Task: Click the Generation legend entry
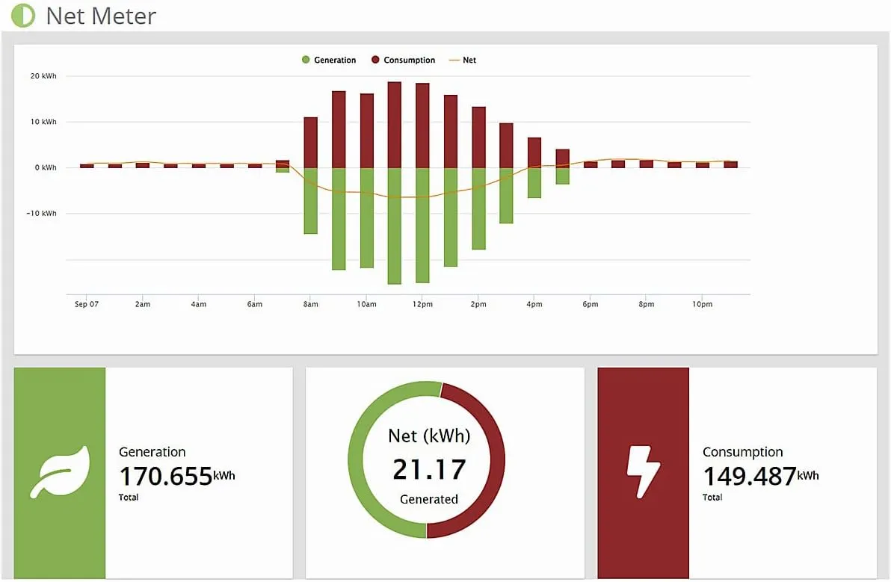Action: tap(330, 60)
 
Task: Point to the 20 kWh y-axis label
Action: tap(43, 76)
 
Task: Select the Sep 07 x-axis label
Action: tap(87, 305)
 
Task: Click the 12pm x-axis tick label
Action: tap(422, 305)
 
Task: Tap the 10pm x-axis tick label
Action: tap(703, 305)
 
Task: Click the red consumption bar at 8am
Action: tap(310, 142)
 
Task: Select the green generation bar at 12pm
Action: tap(422, 224)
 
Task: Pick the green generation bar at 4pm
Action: tap(534, 183)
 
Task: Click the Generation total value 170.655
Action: tap(166, 476)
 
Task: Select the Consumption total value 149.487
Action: tap(750, 476)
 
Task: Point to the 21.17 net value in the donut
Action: tap(429, 470)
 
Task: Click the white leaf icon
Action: tap(60, 472)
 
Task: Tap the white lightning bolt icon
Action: tap(643, 473)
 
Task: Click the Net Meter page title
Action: tap(101, 16)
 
